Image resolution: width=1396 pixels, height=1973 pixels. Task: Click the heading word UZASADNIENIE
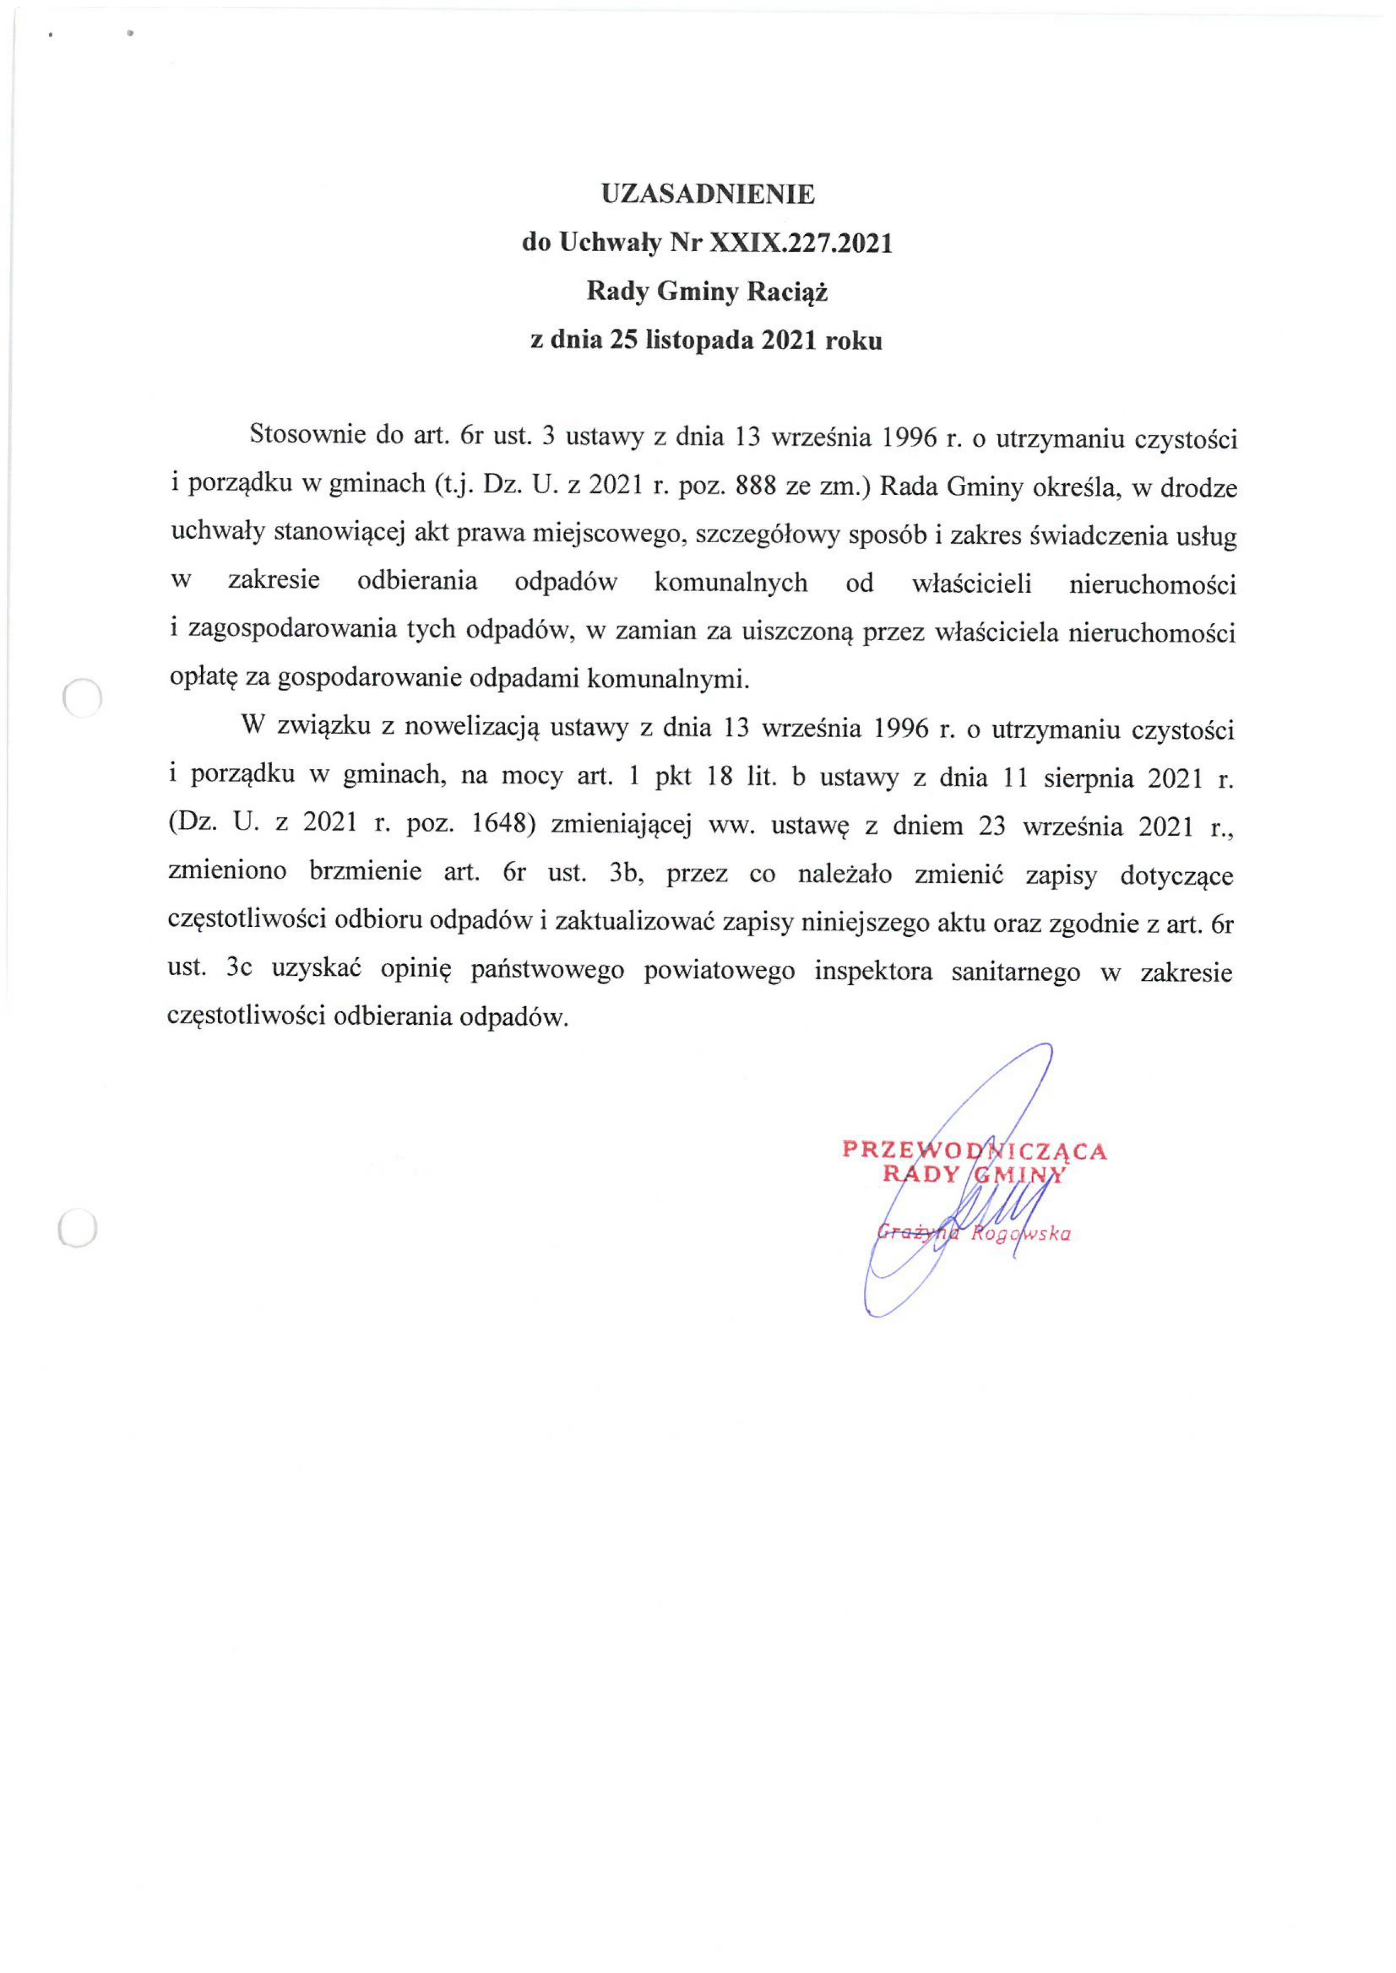[707, 194]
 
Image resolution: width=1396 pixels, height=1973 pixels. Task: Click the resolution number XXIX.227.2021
[800, 244]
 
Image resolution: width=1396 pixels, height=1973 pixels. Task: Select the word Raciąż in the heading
[787, 293]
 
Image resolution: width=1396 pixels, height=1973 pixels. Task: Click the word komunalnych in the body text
[731, 583]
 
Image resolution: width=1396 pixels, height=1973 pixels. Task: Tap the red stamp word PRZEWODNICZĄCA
[974, 1150]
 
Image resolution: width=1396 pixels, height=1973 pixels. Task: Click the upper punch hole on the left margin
[83, 697]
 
